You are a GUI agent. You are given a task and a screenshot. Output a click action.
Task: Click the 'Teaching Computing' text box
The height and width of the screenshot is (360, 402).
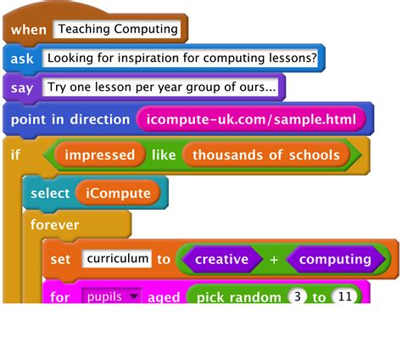120,29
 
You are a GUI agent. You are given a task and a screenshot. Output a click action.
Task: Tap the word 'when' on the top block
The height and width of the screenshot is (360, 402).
29,30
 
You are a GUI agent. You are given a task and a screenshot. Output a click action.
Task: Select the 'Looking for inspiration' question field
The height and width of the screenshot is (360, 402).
182,59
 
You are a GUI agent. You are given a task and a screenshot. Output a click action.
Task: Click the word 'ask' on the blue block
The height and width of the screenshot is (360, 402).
22,59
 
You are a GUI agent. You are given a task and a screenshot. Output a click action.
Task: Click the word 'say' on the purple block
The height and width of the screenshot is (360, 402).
21,87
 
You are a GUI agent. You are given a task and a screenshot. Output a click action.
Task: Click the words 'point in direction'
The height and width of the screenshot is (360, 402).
70,119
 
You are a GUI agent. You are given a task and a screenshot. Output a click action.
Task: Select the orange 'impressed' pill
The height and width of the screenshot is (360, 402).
100,155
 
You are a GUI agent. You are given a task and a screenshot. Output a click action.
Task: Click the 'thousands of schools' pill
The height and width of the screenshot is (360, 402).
265,155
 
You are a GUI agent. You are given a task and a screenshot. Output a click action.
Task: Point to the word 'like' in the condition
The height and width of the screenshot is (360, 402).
165,155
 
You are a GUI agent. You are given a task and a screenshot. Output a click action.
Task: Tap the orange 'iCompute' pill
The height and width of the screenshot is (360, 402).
118,193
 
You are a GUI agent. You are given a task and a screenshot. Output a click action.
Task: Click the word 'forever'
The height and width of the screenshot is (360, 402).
54,225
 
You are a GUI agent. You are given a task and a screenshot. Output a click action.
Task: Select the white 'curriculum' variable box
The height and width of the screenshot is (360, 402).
117,258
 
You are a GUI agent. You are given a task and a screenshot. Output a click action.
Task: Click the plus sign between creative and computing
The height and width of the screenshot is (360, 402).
275,259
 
